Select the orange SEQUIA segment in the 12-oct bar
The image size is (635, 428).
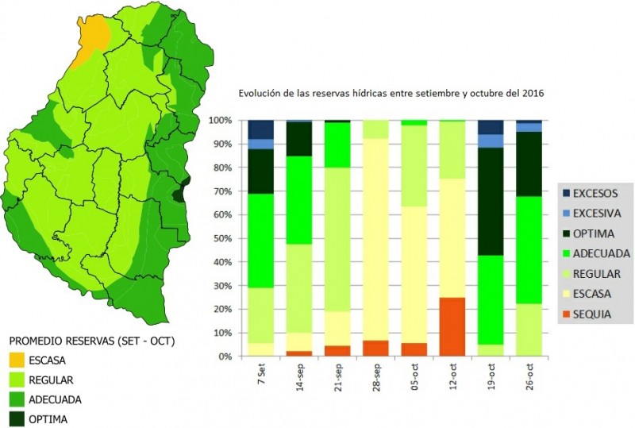452,326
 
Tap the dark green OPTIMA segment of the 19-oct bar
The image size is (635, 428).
491,202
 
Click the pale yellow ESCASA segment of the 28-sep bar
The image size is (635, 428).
375,238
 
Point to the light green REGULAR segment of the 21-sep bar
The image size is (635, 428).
337,239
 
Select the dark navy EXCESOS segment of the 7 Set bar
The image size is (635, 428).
260,129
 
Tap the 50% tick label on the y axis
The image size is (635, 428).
221,238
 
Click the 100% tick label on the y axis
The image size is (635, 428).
220,121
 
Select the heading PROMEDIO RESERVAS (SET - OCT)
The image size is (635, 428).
92,341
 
